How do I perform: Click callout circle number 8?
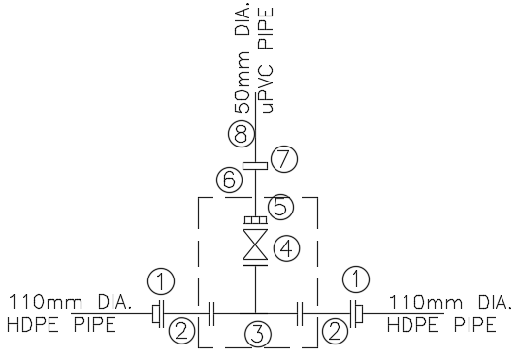(x=239, y=132)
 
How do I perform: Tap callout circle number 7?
(x=282, y=156)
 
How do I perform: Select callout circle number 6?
(x=229, y=179)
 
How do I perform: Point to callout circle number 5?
(x=279, y=206)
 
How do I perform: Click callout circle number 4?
(x=285, y=247)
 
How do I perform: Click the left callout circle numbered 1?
(x=161, y=281)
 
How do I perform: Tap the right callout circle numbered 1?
(x=356, y=281)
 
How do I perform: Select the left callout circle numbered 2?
(x=179, y=332)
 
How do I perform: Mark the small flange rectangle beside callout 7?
(x=255, y=166)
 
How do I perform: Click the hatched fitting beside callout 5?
(x=255, y=220)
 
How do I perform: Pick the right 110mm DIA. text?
(x=448, y=302)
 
